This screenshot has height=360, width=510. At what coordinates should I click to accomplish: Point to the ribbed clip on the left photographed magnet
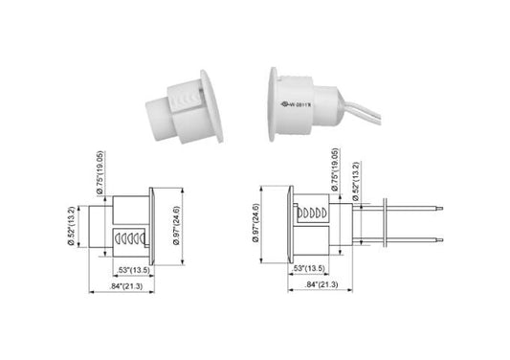point(182,97)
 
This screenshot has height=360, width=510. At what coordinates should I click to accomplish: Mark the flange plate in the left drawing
point(152,223)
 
